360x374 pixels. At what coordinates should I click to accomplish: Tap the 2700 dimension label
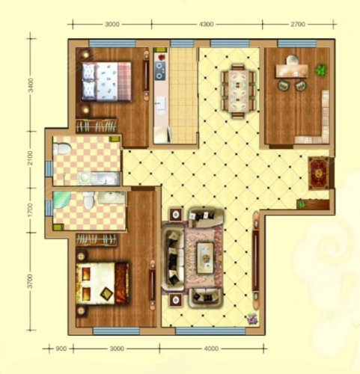(298, 24)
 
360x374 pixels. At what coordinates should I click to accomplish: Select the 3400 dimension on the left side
(31, 85)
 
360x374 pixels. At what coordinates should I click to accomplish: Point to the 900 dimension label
(61, 349)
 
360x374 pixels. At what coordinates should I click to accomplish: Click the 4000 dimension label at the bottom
(211, 349)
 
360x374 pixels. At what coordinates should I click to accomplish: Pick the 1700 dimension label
(31, 210)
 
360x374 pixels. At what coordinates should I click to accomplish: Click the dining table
(238, 91)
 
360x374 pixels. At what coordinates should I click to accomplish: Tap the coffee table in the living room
(205, 258)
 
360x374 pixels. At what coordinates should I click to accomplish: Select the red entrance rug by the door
(318, 174)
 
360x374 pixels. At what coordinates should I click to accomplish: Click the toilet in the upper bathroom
(62, 149)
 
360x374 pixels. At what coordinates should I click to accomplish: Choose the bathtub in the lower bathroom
(61, 203)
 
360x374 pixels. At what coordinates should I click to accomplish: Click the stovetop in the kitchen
(160, 70)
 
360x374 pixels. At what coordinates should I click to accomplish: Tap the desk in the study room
(291, 71)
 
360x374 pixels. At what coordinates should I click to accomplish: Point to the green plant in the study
(322, 70)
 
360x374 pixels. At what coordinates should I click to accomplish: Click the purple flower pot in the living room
(252, 319)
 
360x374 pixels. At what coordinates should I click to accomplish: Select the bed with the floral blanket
(106, 82)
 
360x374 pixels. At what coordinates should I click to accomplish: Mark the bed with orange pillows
(103, 283)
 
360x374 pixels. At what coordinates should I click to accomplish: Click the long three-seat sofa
(173, 257)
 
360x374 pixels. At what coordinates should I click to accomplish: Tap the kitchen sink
(159, 102)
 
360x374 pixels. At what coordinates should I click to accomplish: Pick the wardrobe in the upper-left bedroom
(97, 126)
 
